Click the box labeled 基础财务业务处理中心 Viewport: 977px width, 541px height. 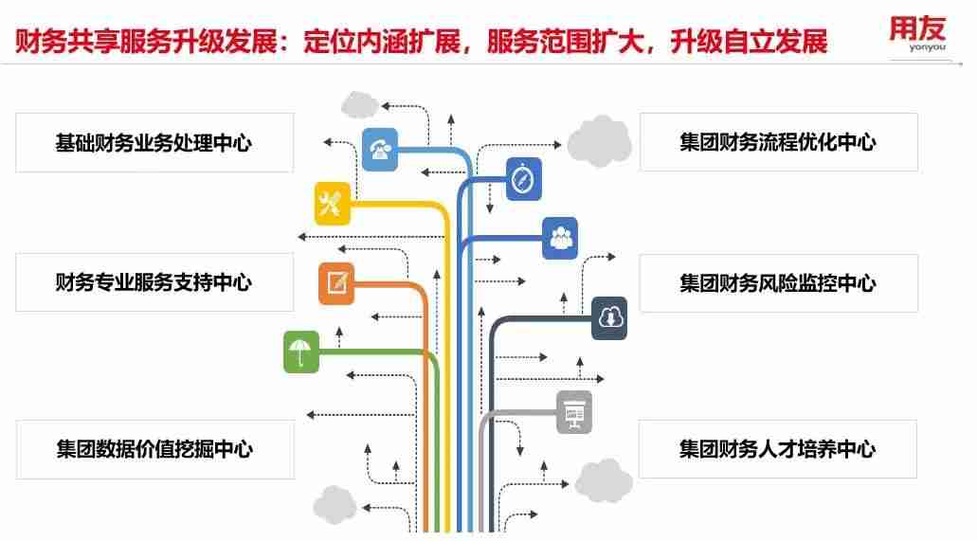[154, 143]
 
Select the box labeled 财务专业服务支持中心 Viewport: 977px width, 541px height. [154, 282]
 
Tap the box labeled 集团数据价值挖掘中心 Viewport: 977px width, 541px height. [154, 448]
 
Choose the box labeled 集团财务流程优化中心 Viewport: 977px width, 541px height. [778, 142]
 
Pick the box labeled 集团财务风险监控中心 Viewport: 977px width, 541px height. [778, 283]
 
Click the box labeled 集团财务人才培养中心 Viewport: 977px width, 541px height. [778, 448]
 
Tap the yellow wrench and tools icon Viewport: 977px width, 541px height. [333, 204]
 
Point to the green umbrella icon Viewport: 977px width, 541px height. [301, 352]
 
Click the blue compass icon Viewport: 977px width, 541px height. [523, 179]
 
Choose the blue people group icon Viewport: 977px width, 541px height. [560, 238]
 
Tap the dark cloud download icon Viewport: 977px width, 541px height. [609, 318]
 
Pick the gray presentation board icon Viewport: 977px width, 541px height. [574, 411]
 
